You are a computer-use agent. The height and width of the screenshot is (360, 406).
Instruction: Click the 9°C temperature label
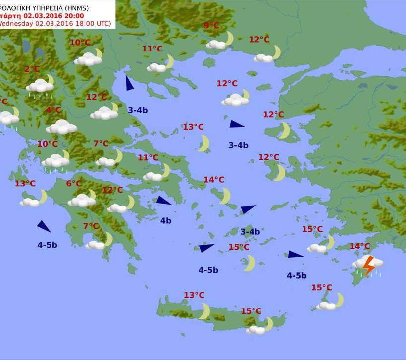point(211,26)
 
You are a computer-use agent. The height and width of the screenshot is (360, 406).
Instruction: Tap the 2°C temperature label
point(32,69)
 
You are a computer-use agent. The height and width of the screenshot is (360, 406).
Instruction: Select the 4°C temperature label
point(53,110)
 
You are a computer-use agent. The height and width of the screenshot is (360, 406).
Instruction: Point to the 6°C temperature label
point(74,184)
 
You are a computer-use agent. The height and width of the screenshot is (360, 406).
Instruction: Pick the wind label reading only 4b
point(166,220)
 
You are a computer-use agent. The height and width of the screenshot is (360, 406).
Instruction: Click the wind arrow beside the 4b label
point(163,201)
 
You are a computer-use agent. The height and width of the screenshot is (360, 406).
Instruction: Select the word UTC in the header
point(104,23)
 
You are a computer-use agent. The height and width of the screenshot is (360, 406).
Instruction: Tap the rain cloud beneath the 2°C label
point(40,87)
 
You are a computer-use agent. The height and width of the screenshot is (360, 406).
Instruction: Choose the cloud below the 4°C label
point(61,127)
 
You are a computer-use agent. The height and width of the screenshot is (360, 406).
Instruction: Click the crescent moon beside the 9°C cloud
point(229,38)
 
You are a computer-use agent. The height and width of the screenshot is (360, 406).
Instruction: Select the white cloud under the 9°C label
point(216,44)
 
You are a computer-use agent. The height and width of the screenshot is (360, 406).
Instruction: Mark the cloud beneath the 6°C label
point(81,201)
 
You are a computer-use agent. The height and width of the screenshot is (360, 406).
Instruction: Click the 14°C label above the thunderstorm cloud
point(359,246)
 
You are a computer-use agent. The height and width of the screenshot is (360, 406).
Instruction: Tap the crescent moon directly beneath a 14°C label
point(225,195)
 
